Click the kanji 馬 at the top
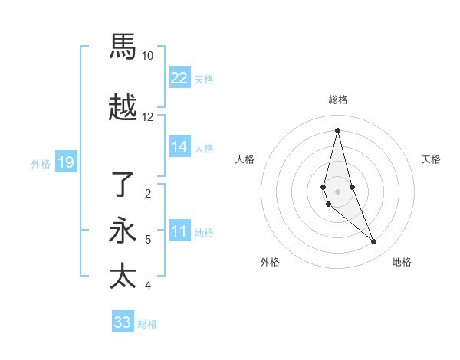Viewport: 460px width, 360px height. pyautogui.click(x=123, y=47)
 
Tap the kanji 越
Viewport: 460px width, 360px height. pyautogui.click(x=123, y=108)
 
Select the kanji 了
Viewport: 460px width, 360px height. pyautogui.click(x=123, y=185)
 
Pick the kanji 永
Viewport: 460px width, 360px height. pyautogui.click(x=123, y=231)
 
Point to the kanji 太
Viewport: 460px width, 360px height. pyautogui.click(x=123, y=276)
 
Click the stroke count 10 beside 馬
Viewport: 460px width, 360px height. pyautogui.click(x=148, y=56)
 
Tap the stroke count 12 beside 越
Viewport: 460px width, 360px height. pyautogui.click(x=148, y=117)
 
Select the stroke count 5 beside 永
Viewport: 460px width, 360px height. pyautogui.click(x=148, y=240)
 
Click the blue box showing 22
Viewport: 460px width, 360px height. pyautogui.click(x=179, y=77)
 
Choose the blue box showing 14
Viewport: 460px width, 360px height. pyautogui.click(x=179, y=147)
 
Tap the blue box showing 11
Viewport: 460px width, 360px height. pyautogui.click(x=179, y=231)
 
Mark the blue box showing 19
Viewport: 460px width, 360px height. pyautogui.click(x=65, y=162)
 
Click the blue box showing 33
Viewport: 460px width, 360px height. pyautogui.click(x=123, y=322)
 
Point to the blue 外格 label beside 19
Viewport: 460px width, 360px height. pyautogui.click(x=41, y=163)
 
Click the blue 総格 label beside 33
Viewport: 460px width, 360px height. pyautogui.click(x=147, y=324)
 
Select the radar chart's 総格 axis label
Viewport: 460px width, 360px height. pyautogui.click(x=337, y=100)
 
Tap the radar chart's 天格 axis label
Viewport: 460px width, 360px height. pyautogui.click(x=431, y=159)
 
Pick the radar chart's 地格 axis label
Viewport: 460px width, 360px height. pyautogui.click(x=402, y=262)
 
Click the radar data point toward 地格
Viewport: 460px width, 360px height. pyautogui.click(x=374, y=242)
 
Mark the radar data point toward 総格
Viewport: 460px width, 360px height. pyautogui.click(x=337, y=130)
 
